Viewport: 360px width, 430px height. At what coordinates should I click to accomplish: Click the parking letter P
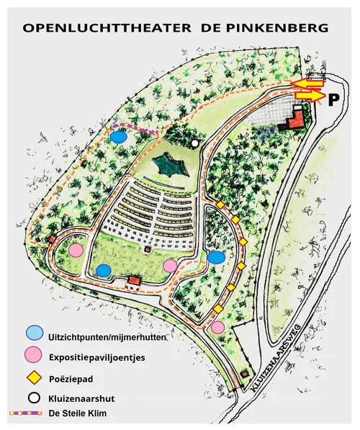pos(333,101)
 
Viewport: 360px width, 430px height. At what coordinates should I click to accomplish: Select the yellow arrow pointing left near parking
pos(307,86)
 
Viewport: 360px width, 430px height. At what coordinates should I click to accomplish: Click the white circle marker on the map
pos(195,143)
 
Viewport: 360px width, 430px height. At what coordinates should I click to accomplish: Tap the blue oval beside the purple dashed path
pos(120,135)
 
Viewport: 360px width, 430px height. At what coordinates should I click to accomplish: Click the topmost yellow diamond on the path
pos(220,205)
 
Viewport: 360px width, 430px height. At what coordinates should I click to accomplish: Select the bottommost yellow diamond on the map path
pos(218,309)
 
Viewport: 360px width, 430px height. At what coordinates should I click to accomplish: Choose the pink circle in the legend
pos(33,355)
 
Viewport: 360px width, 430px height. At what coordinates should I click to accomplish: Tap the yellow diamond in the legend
pos(33,377)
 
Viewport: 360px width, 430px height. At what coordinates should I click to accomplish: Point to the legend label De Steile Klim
pos(81,413)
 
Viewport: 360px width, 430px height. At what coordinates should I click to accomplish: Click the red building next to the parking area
pos(294,120)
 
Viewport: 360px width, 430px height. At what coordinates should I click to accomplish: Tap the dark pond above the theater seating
pos(171,166)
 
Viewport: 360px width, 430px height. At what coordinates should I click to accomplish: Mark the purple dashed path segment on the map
pos(143,130)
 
